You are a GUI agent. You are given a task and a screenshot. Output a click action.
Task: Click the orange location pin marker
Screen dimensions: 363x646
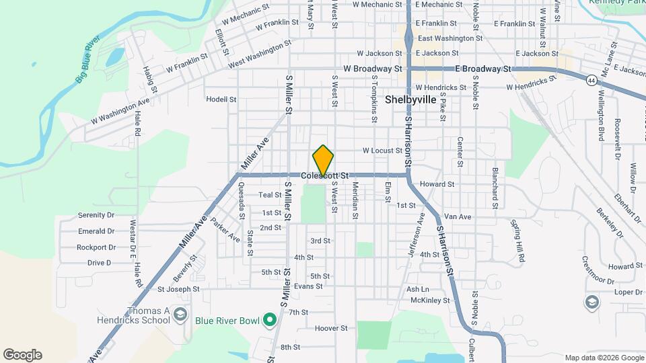(x=323, y=160)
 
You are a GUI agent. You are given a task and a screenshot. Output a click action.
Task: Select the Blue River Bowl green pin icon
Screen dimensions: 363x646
(x=270, y=320)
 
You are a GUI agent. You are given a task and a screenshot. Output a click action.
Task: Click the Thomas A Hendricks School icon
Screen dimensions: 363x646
(x=180, y=315)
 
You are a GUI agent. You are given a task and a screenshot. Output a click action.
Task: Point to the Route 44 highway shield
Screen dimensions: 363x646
(x=591, y=80)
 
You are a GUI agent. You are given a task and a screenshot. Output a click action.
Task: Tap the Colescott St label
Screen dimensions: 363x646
(x=325, y=176)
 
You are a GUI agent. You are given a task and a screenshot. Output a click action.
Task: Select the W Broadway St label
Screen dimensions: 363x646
(x=372, y=69)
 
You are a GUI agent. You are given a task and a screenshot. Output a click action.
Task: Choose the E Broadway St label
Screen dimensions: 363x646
(x=484, y=69)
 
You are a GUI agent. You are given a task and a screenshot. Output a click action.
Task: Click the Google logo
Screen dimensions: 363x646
(x=22, y=355)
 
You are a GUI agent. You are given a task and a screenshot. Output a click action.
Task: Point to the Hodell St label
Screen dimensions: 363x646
(x=221, y=99)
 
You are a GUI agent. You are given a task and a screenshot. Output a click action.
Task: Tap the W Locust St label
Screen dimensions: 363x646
(x=382, y=151)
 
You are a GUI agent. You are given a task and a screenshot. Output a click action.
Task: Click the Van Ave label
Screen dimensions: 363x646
(x=458, y=216)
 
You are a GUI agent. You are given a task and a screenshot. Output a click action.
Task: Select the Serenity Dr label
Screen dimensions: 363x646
(x=96, y=215)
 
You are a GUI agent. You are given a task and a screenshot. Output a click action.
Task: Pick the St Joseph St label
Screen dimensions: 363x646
(x=178, y=289)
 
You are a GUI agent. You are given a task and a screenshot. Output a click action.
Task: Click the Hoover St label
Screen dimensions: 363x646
(x=331, y=329)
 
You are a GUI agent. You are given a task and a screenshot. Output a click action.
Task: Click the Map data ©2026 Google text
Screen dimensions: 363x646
(x=604, y=358)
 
